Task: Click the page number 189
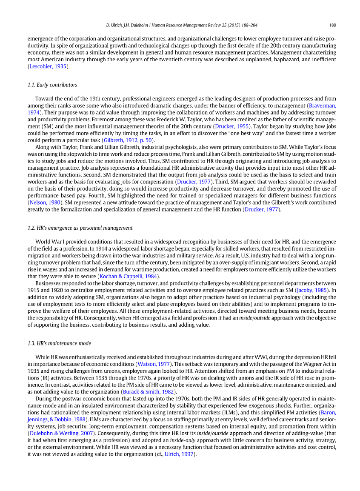point(333,25)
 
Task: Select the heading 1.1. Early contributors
point(52,85)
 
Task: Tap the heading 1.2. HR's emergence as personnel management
point(80,228)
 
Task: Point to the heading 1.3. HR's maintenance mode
point(59,343)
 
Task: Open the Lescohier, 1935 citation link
point(48,66)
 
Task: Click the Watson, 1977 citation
point(154,364)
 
